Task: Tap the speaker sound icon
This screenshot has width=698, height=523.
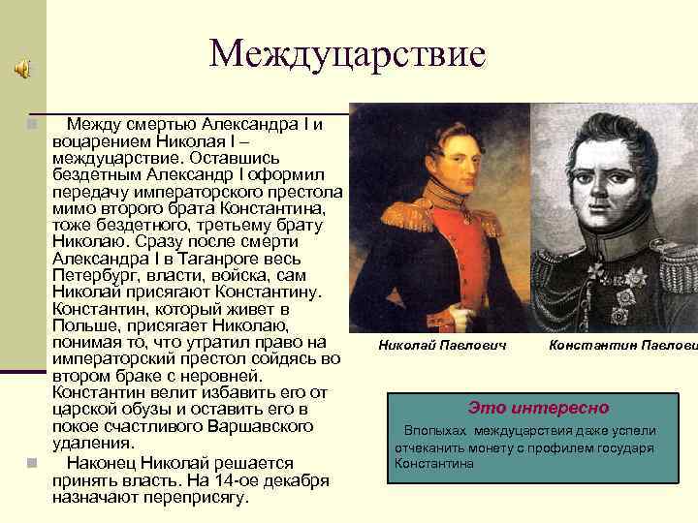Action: click(x=21, y=69)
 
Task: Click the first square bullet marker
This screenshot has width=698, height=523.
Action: click(x=32, y=125)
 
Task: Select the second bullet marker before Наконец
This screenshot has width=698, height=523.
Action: click(x=32, y=463)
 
